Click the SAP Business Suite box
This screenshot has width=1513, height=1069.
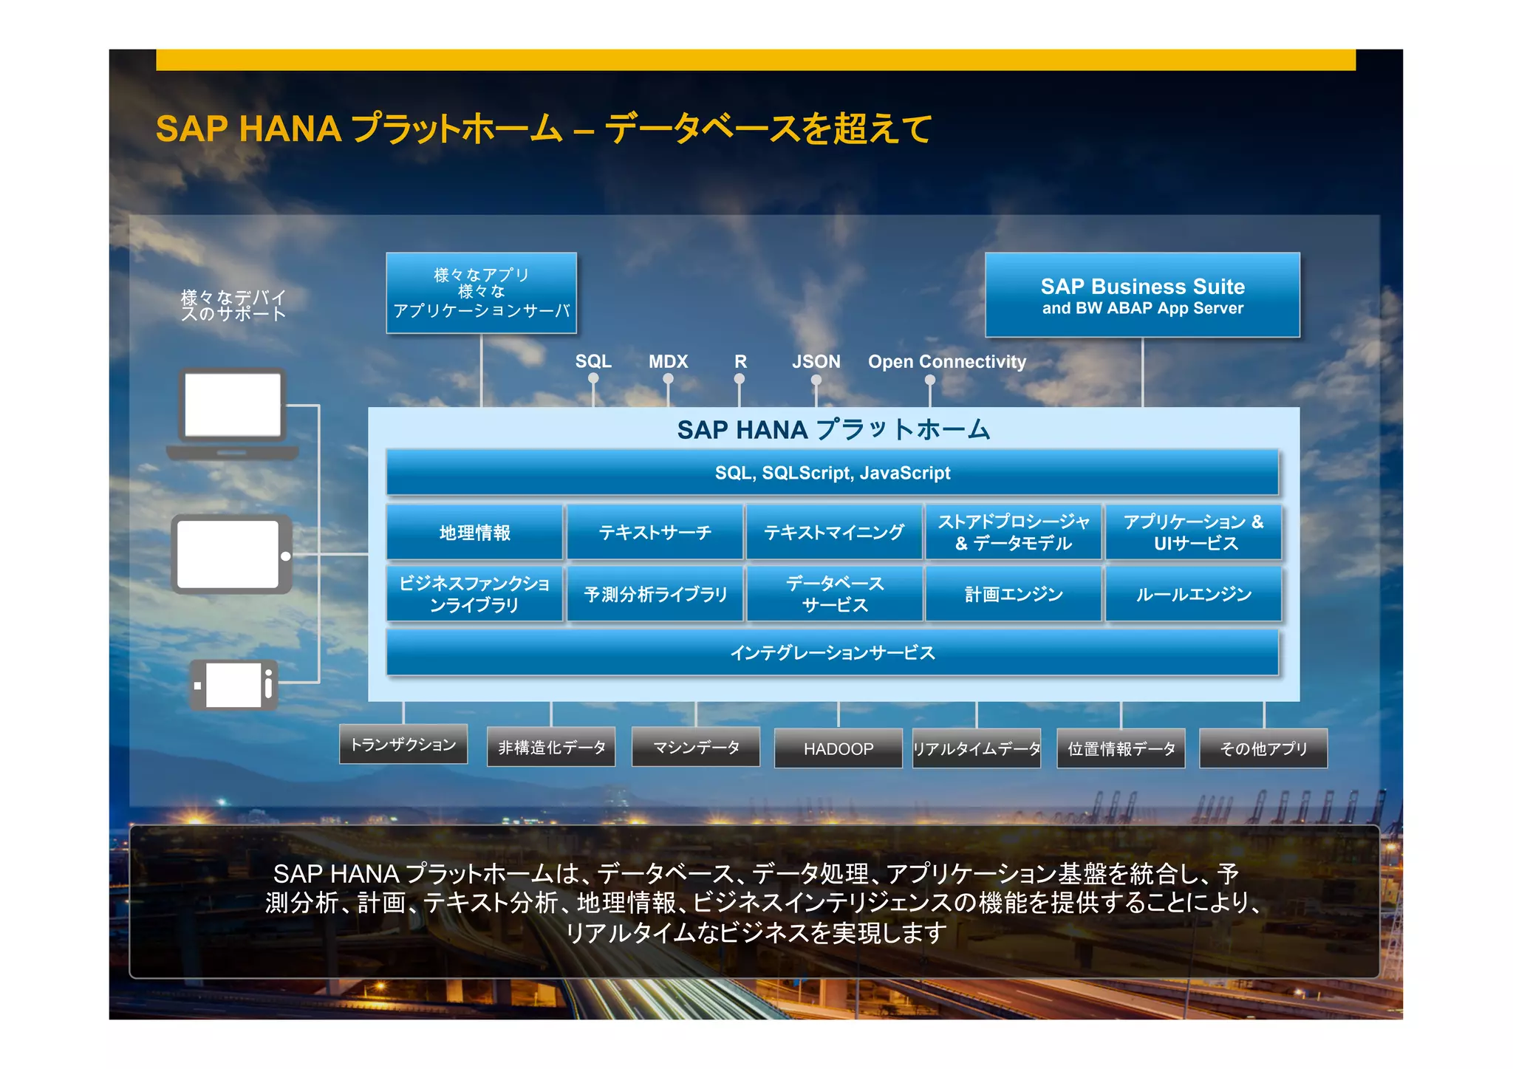(1142, 295)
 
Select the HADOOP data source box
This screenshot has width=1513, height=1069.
(838, 748)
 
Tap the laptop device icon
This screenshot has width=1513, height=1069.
(233, 413)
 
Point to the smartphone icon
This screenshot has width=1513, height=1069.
(234, 685)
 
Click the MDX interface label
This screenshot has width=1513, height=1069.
(668, 361)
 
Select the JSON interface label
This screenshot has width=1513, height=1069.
(816, 361)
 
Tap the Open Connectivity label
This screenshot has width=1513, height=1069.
(946, 361)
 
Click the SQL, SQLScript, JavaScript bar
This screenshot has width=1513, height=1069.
(832, 473)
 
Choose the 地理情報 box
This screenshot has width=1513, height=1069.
(474, 533)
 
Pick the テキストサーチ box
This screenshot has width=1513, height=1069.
(655, 533)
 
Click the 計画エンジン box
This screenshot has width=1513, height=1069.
(1013, 594)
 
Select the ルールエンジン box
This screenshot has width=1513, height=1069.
(1193, 594)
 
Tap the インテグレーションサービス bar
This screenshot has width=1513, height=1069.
(832, 652)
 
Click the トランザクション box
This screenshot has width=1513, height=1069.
(403, 744)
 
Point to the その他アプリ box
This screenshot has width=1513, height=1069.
(1263, 748)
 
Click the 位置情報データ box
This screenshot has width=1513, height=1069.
(1121, 748)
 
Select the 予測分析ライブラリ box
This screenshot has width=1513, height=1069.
(655, 594)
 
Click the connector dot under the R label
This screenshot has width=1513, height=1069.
(740, 379)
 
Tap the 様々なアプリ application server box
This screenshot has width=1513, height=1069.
(481, 293)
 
